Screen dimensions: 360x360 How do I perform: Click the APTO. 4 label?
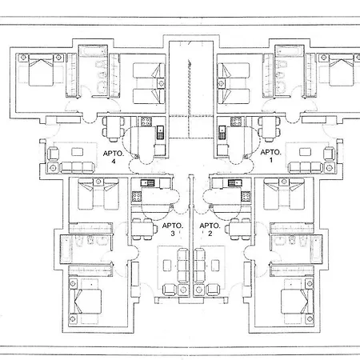(x=114, y=157)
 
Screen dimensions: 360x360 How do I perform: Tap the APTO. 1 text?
(x=270, y=156)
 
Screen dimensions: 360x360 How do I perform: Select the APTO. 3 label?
(x=173, y=230)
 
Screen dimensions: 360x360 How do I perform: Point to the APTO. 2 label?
(x=210, y=230)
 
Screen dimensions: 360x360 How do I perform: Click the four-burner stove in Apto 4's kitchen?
(x=146, y=122)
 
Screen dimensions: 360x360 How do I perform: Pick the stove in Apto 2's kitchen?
(x=246, y=197)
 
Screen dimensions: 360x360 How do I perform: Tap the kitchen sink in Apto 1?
(x=222, y=133)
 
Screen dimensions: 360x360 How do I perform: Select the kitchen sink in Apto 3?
(x=147, y=182)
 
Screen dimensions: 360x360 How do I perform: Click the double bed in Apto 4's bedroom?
(x=41, y=70)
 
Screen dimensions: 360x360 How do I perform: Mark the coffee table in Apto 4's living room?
(x=78, y=152)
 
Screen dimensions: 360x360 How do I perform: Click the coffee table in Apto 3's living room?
(x=167, y=266)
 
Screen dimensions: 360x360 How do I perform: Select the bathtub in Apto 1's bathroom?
(x=290, y=50)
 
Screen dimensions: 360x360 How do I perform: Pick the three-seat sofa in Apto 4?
(x=78, y=167)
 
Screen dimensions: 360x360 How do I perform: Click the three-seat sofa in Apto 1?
(x=306, y=167)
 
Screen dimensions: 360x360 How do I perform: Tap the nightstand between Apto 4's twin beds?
(x=161, y=84)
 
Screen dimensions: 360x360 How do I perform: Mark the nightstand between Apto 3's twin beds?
(x=98, y=182)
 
